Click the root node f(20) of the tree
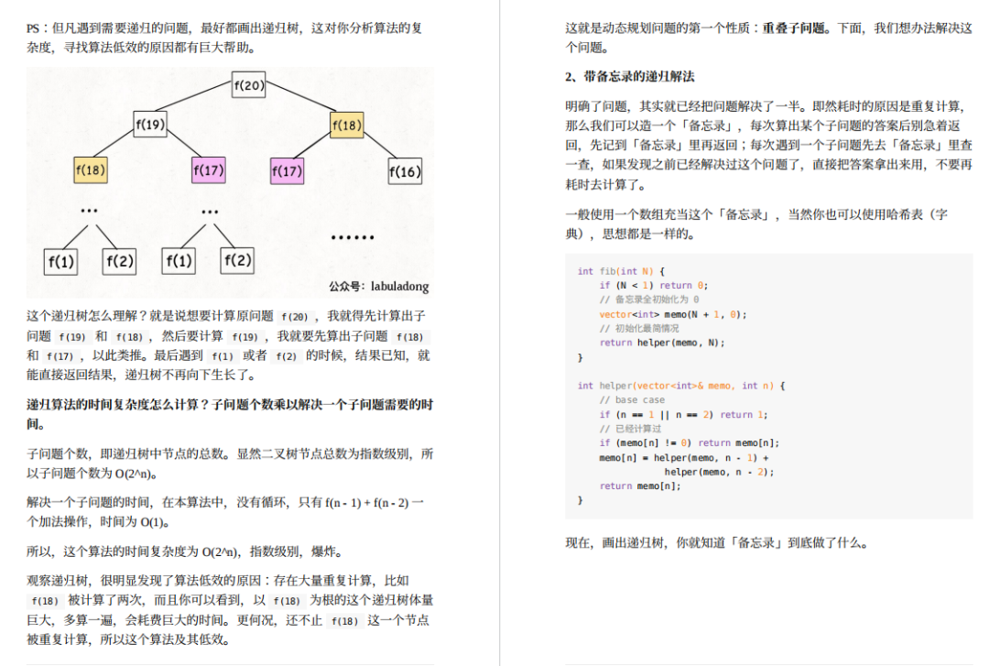pos(248,84)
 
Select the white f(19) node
pos(150,125)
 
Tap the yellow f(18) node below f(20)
pos(347,125)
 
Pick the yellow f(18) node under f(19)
pos(90,169)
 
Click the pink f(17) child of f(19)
pos(208,169)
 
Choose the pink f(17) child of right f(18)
pos(287,170)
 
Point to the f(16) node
pos(405,171)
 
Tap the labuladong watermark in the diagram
pos(378,287)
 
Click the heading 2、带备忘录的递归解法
pos(629,76)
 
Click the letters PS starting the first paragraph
pos(33,28)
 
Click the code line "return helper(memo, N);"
pos(662,343)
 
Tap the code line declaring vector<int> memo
pos(672,314)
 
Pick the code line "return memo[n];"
pos(639,486)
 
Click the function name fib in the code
pos(607,271)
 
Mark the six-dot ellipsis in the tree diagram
pos(353,237)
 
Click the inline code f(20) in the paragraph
pos(295,317)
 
